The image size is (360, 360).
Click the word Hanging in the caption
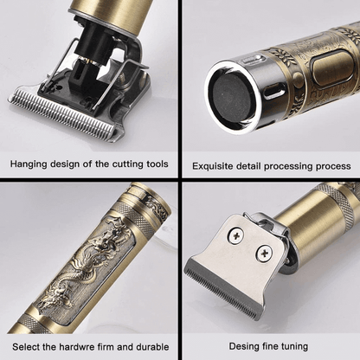[29, 164]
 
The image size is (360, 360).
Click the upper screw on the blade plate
[236, 236]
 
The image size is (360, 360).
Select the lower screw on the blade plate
[264, 253]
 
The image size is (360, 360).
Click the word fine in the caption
[270, 346]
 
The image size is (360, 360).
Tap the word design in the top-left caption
[65, 164]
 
